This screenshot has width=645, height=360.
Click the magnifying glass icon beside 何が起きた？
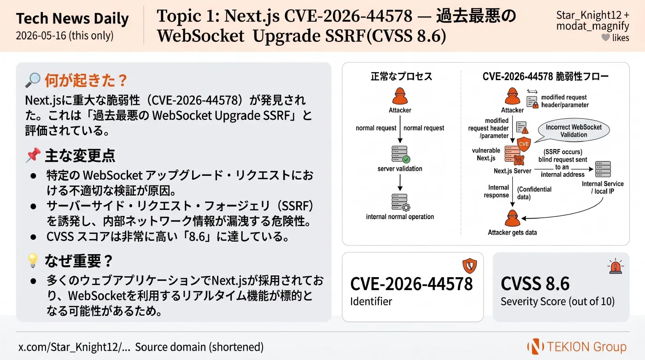(x=33, y=80)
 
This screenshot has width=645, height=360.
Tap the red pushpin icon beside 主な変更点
(x=33, y=155)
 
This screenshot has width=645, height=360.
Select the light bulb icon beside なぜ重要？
(x=33, y=261)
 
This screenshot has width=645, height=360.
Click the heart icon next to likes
(x=605, y=37)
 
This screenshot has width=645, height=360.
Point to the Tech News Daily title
(x=72, y=19)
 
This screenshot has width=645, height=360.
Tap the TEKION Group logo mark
(x=535, y=346)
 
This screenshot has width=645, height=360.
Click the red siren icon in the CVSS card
(x=616, y=266)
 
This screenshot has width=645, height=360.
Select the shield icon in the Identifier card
(x=469, y=265)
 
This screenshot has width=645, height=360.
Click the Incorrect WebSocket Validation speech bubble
(x=573, y=130)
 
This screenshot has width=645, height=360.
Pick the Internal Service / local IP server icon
(x=603, y=169)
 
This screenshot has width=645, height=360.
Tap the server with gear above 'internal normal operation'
(x=400, y=202)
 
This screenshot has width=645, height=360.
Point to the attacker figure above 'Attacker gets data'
(x=512, y=218)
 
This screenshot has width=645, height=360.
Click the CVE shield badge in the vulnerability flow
(x=524, y=144)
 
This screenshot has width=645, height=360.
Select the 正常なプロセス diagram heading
(x=401, y=76)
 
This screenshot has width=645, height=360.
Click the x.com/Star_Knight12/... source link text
(x=74, y=347)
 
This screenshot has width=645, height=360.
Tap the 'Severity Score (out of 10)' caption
(x=557, y=301)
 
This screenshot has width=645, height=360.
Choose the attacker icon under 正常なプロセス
(x=400, y=96)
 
